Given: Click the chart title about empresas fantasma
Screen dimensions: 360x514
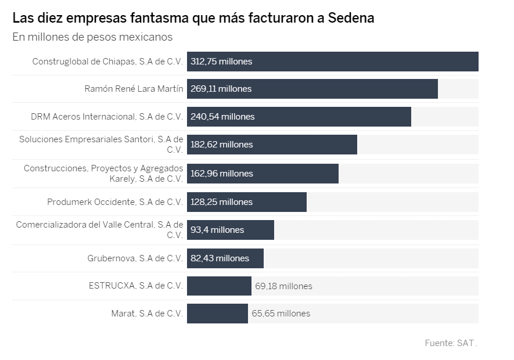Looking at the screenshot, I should (193, 18).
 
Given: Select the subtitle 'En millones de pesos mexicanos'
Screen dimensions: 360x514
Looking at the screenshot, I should (92, 37).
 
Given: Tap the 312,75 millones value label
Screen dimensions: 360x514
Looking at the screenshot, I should (221, 61).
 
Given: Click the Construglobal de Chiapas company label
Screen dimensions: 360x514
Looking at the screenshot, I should (107, 61).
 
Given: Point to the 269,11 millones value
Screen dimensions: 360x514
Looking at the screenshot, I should (221, 89).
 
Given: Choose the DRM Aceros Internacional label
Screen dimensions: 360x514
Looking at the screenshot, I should (107, 117).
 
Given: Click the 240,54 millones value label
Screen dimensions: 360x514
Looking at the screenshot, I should (222, 117).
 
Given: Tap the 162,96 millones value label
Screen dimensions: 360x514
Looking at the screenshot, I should (222, 173).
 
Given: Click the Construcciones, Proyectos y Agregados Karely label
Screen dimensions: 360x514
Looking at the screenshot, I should (103, 173).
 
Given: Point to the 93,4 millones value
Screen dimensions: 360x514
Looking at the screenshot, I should (217, 230).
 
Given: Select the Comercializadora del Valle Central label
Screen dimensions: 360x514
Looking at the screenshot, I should (99, 230).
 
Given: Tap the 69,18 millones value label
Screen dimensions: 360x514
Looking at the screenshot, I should (283, 286).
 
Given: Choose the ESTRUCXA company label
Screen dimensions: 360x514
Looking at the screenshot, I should (135, 286).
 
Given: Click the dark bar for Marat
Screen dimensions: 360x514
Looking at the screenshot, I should (217, 314).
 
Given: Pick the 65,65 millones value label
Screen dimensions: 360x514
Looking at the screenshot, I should (281, 314).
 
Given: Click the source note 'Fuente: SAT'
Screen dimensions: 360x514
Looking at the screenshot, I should (451, 343).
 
